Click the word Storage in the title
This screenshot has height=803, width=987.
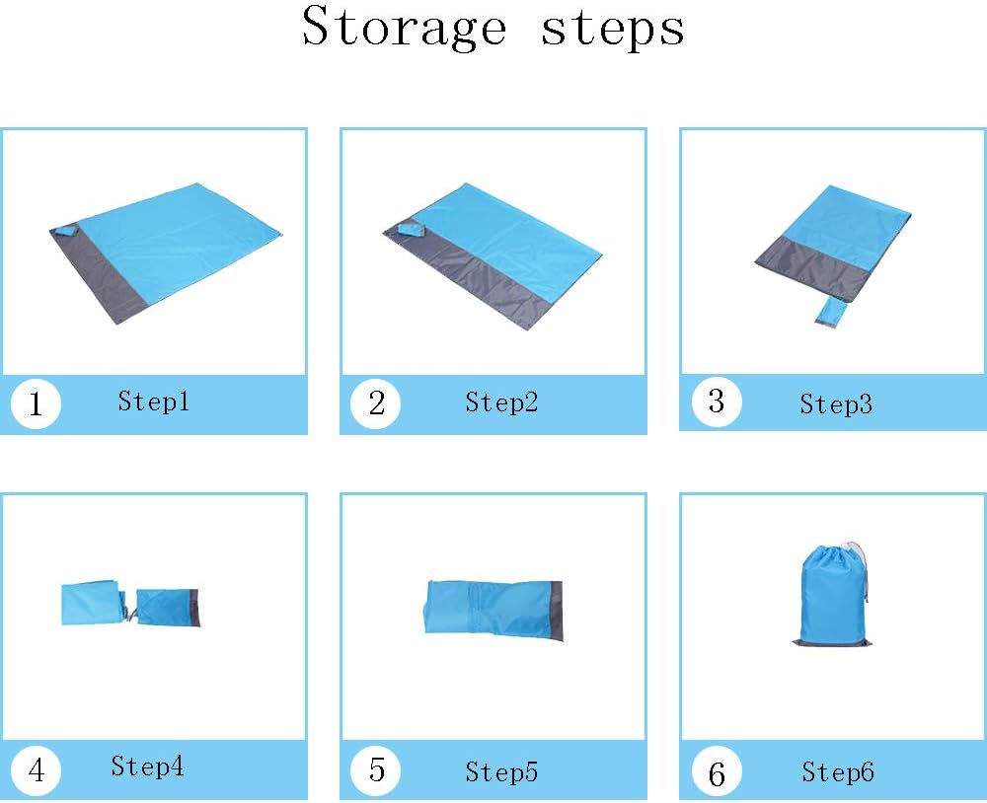[404, 27]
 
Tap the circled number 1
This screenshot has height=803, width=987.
[36, 403]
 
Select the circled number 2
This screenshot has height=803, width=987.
[376, 403]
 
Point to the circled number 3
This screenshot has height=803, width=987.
[717, 401]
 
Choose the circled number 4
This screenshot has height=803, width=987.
[36, 769]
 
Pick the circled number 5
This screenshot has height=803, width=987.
[376, 769]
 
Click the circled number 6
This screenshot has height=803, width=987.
[717, 773]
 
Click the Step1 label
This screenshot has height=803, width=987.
[154, 401]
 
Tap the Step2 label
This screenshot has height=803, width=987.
[501, 402]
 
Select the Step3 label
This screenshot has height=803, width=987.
[836, 404]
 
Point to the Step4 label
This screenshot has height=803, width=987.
[147, 766]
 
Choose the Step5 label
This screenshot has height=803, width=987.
[501, 771]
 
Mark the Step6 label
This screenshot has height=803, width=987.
[838, 771]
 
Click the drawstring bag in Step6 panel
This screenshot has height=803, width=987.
[832, 594]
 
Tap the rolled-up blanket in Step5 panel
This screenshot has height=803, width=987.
[493, 609]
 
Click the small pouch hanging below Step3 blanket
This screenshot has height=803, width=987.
[830, 312]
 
